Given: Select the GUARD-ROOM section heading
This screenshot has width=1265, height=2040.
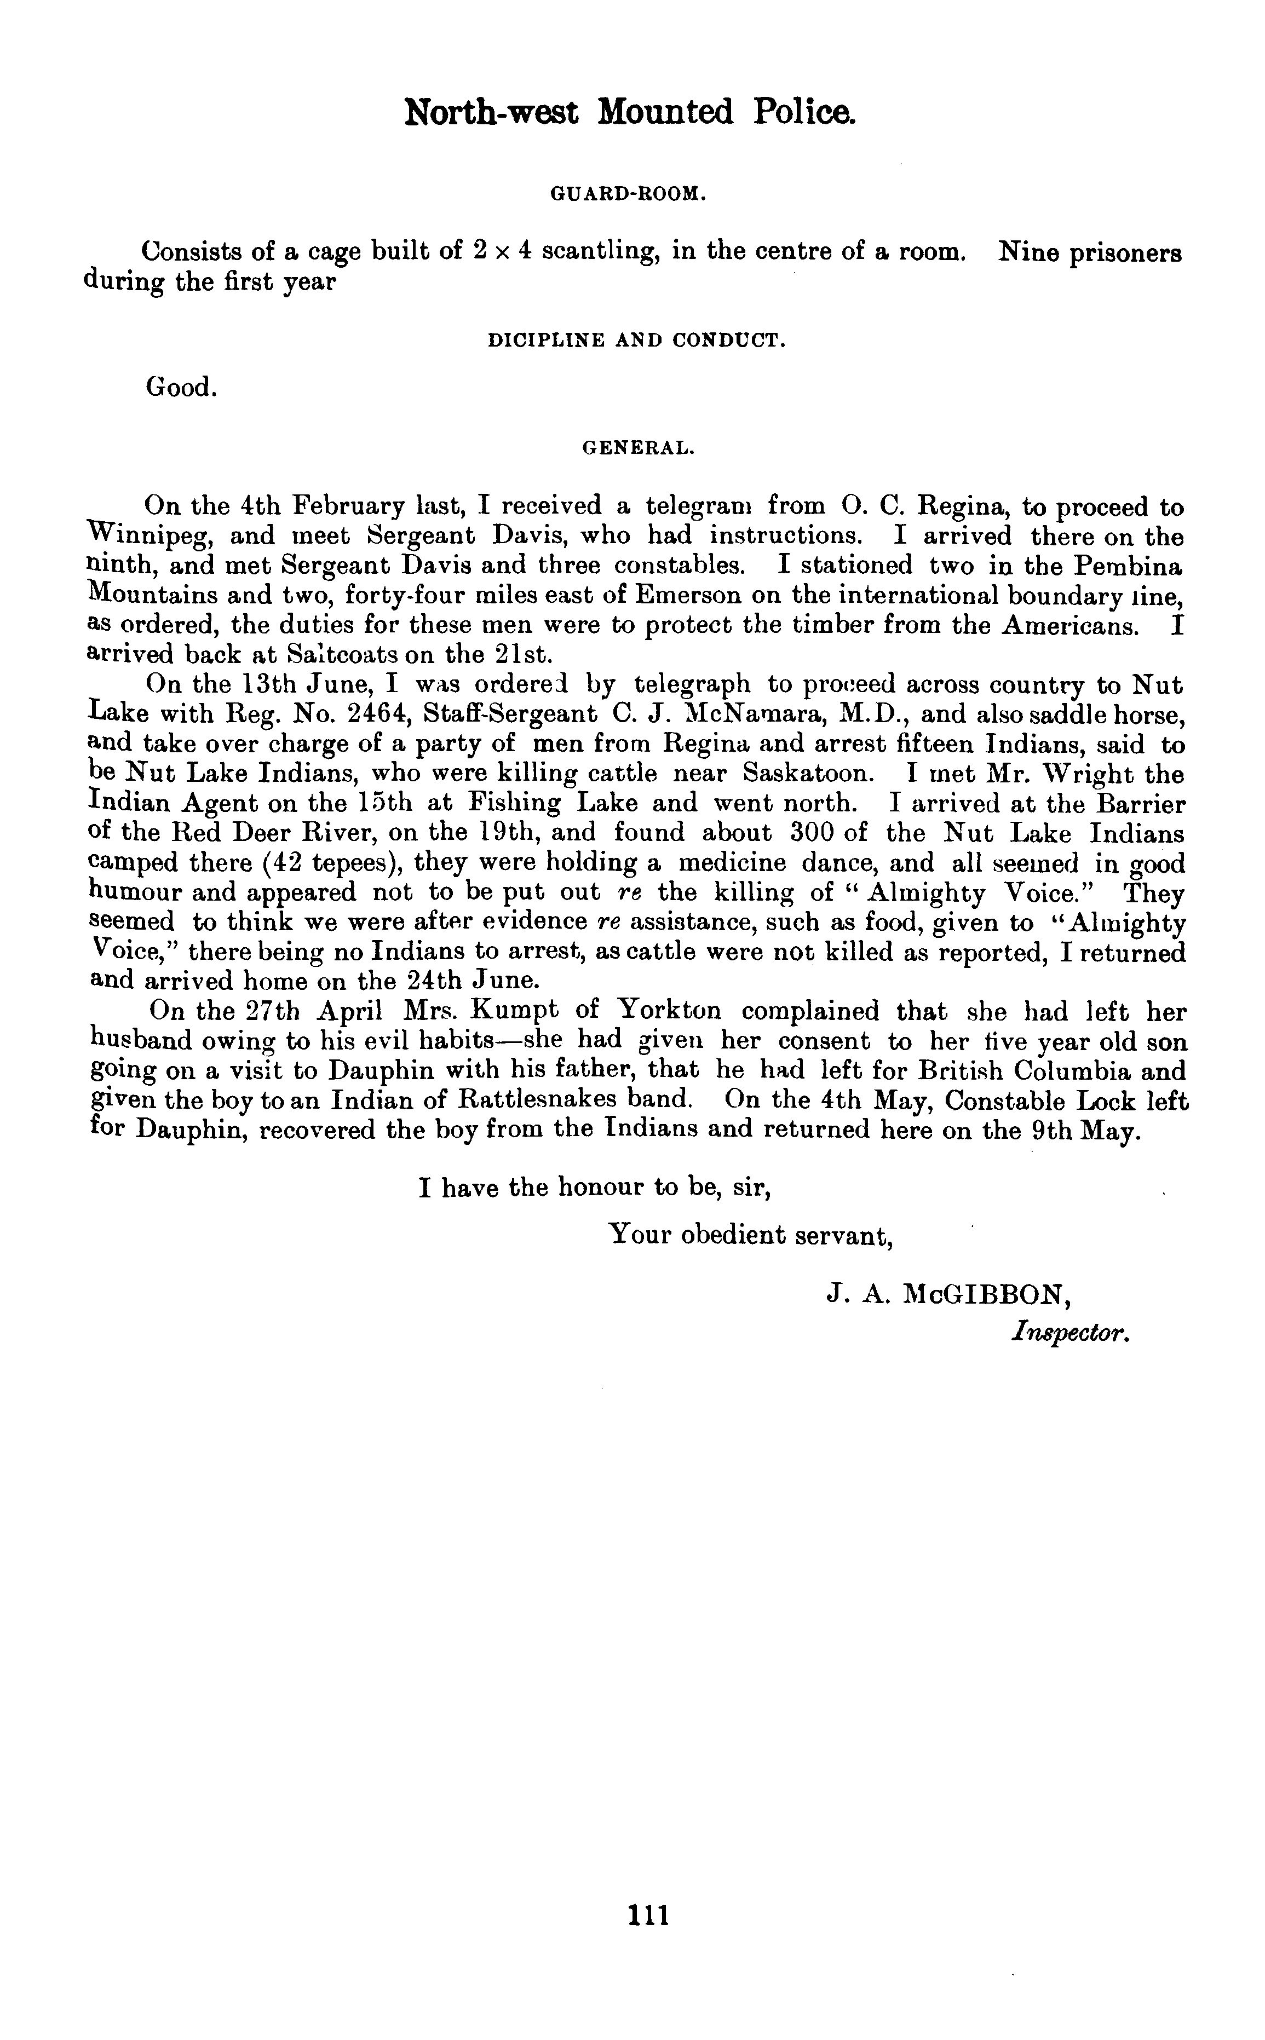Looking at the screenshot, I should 629,194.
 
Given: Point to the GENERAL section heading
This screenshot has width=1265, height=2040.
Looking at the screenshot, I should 639,448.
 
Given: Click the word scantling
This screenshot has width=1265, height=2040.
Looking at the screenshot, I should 596,252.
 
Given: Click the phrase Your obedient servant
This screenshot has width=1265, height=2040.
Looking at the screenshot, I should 750,1235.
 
